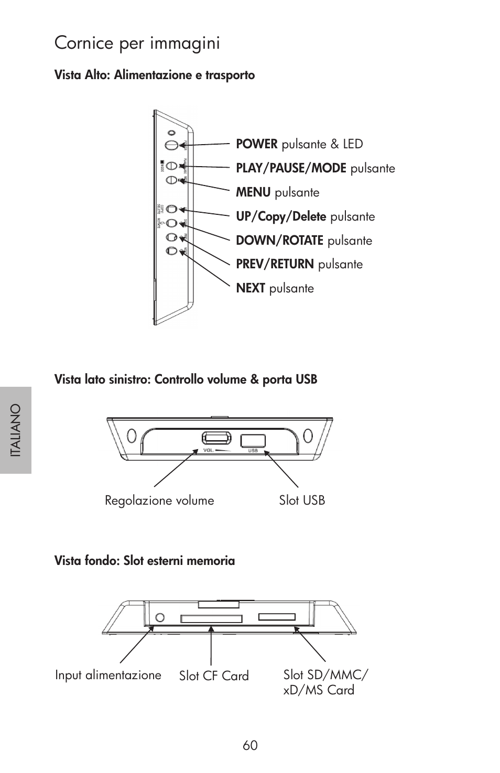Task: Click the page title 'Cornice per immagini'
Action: pos(137,43)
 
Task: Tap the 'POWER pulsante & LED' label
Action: pos(299,144)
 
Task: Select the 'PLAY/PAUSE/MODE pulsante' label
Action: pos(315,168)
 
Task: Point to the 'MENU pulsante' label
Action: pos(277,192)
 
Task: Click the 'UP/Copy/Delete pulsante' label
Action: pos(305,216)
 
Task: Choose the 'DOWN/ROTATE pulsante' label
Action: pos(303,241)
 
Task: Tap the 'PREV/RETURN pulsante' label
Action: pos(299,264)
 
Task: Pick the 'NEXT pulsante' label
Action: pos(275,288)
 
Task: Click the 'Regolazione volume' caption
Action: pos(159,500)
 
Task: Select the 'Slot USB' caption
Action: pos(302,500)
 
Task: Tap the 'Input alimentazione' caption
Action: pos(108,675)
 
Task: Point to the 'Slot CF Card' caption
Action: pos(214,676)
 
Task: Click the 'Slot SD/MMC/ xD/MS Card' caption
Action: pos(325,682)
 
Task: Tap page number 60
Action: pos(250,745)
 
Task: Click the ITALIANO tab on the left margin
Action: pos(16,430)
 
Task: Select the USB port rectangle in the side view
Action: pos(253,441)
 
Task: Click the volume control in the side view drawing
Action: pos(216,438)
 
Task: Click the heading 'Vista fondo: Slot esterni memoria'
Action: pos(145,561)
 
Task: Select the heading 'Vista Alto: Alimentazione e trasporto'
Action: pos(155,75)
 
